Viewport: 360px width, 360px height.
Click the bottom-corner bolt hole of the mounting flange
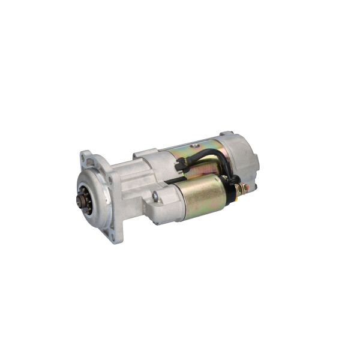(112, 236)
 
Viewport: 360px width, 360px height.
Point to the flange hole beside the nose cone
(110, 178)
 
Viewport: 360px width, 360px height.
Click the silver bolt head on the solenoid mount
(155, 196)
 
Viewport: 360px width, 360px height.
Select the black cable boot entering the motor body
(180, 167)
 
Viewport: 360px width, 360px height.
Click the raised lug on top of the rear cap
(227, 134)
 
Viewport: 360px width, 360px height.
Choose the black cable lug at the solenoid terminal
(236, 180)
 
